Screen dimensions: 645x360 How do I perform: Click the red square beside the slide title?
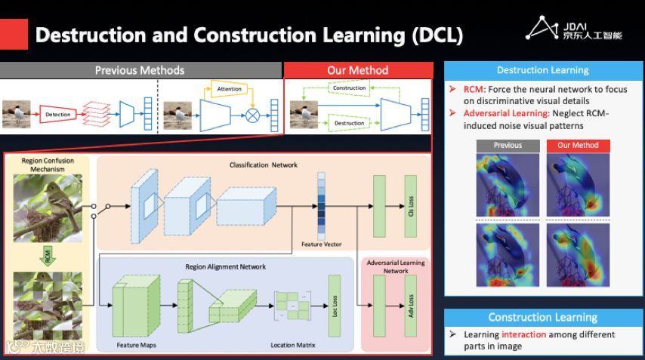point(14,35)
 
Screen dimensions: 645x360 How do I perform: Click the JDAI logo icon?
point(542,29)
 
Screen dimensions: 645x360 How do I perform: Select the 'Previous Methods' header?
point(140,70)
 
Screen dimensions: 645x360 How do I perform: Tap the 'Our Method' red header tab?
point(357,70)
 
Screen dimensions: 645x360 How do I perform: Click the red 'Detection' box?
point(58,115)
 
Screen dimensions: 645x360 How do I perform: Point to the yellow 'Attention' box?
point(230,89)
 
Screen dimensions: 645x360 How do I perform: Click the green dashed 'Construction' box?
point(349,88)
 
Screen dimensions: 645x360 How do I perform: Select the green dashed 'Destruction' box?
point(349,123)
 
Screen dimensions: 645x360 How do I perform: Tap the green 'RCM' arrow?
point(47,257)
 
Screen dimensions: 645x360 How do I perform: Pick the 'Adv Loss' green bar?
point(411,305)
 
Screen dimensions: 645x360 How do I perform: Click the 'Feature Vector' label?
point(322,245)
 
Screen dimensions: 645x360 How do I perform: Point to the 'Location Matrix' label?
point(293,346)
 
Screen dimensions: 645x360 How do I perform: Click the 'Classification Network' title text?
point(264,165)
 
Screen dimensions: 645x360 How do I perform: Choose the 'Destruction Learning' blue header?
point(543,70)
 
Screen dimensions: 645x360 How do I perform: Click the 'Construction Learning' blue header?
point(543,318)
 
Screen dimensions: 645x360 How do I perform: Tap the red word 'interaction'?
point(523,334)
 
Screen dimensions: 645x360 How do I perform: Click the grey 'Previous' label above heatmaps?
point(508,145)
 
